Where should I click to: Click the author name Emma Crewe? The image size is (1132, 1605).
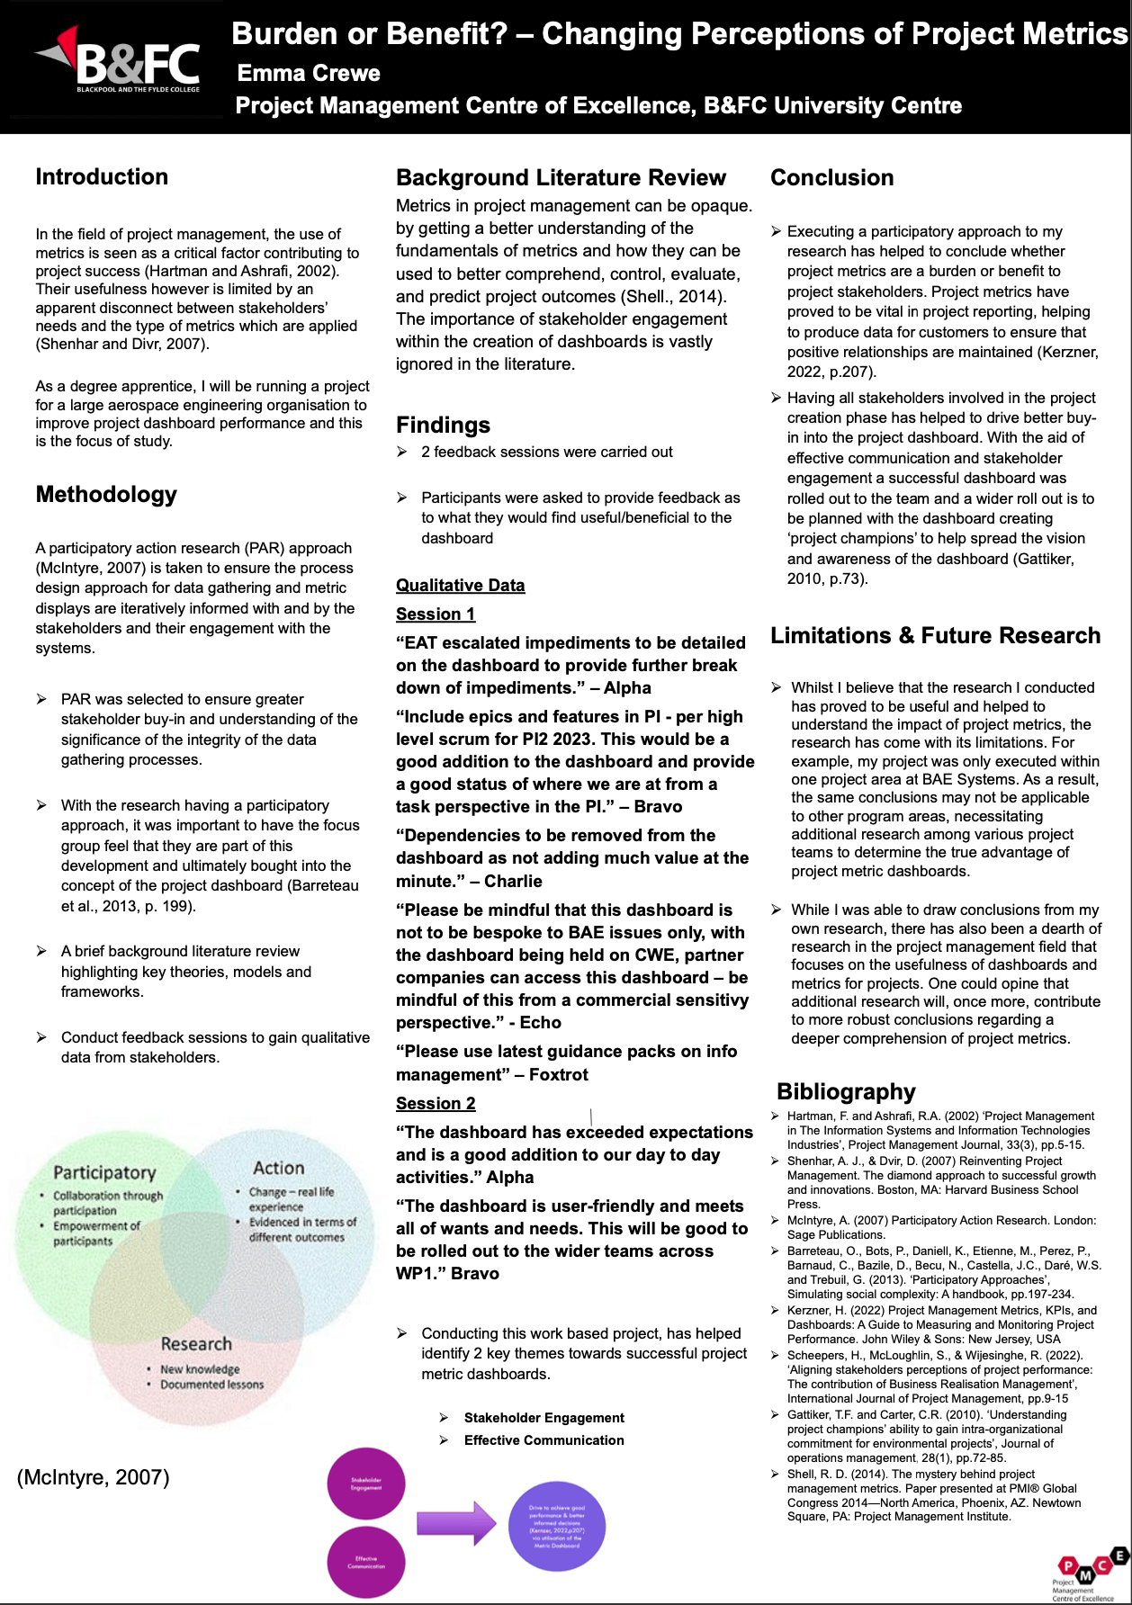[x=309, y=73]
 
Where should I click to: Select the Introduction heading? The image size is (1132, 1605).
[x=102, y=176]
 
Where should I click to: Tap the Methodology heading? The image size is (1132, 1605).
[x=106, y=494]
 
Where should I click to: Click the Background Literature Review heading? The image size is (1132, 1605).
[x=561, y=177]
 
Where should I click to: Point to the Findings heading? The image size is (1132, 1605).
[x=443, y=425]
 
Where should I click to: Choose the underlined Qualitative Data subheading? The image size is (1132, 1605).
[x=460, y=585]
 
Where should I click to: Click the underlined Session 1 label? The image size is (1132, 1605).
[x=436, y=614]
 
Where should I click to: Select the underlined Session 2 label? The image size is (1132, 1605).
[x=436, y=1103]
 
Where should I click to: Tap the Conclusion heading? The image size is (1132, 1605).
[x=831, y=177]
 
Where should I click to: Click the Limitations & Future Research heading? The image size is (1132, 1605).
[x=935, y=635]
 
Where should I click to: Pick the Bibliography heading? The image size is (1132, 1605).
[x=846, y=1091]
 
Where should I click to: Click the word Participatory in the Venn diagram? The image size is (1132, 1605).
[x=104, y=1172]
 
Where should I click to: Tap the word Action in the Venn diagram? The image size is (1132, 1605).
[x=279, y=1168]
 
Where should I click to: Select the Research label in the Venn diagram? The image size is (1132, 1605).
[x=196, y=1343]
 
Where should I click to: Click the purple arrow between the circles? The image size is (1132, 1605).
[x=456, y=1522]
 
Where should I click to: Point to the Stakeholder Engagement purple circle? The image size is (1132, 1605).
[x=366, y=1484]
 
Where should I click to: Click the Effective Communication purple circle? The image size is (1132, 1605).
[x=366, y=1562]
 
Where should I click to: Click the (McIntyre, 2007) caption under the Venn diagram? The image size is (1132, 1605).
[x=93, y=1476]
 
